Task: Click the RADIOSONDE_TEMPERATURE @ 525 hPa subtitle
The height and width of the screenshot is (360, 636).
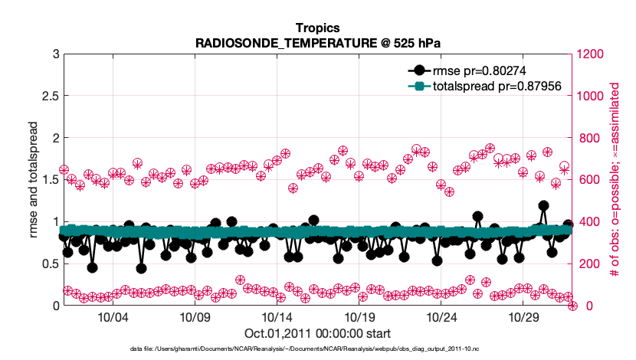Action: [x=317, y=42]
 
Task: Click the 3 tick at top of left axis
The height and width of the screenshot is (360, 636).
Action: [x=55, y=54]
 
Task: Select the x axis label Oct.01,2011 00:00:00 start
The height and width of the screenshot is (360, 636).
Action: [x=317, y=333]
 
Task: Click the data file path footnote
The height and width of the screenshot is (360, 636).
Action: [x=317, y=349]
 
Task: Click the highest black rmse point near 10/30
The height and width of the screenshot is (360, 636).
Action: [x=543, y=205]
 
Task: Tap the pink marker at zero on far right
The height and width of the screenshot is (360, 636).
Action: [x=572, y=306]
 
